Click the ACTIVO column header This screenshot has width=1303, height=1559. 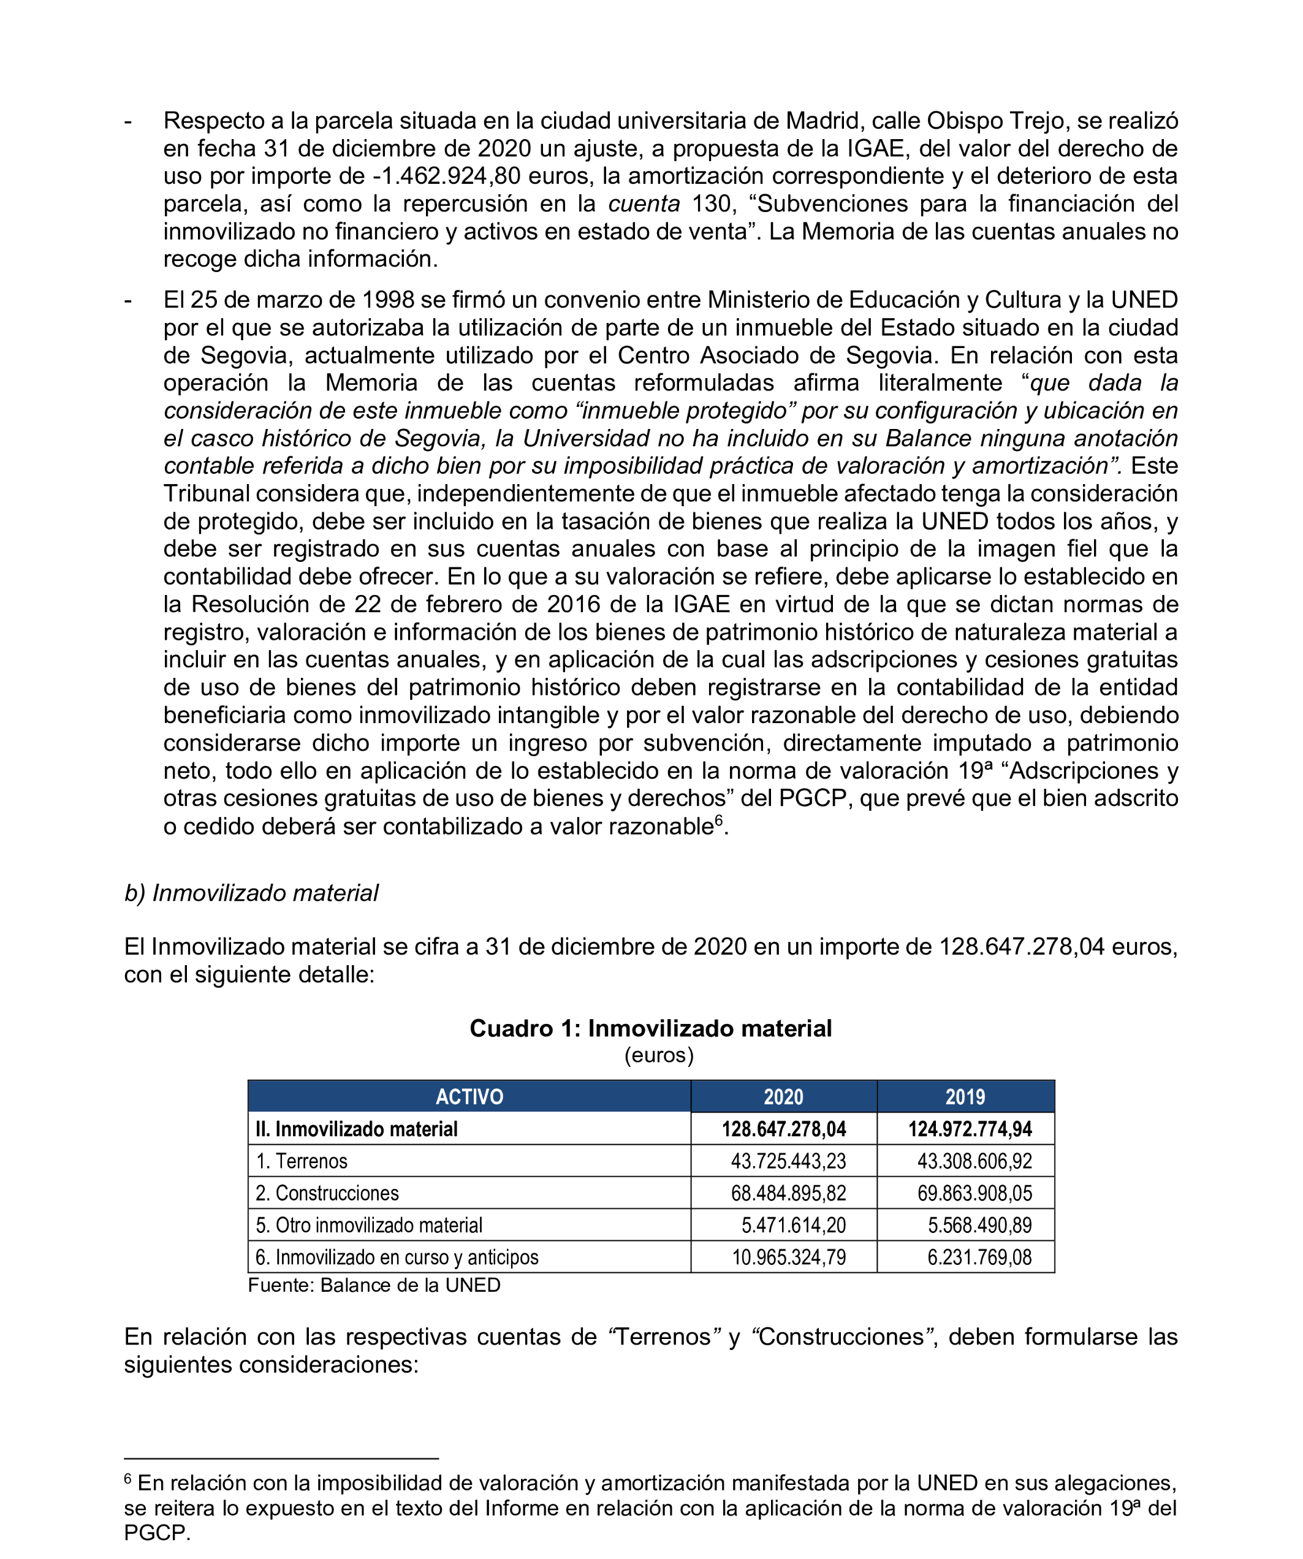pyautogui.click(x=469, y=1096)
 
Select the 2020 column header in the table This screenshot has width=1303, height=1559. pyautogui.click(x=783, y=1096)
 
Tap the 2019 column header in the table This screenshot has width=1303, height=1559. pyautogui.click(x=965, y=1096)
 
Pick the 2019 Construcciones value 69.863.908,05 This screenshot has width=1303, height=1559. pyautogui.click(x=974, y=1193)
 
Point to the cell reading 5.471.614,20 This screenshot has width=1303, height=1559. pyautogui.click(x=793, y=1225)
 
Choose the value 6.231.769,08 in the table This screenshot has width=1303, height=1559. pyautogui.click(x=979, y=1257)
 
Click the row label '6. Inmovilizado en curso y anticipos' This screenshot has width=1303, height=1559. pyautogui.click(x=397, y=1257)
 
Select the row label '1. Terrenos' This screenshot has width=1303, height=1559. pyautogui.click(x=302, y=1161)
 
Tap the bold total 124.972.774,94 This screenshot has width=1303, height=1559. pyautogui.click(x=970, y=1129)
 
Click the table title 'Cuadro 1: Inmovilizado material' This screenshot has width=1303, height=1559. pyautogui.click(x=650, y=1028)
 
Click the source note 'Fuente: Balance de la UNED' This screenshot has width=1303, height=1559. pyautogui.click(x=374, y=1285)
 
